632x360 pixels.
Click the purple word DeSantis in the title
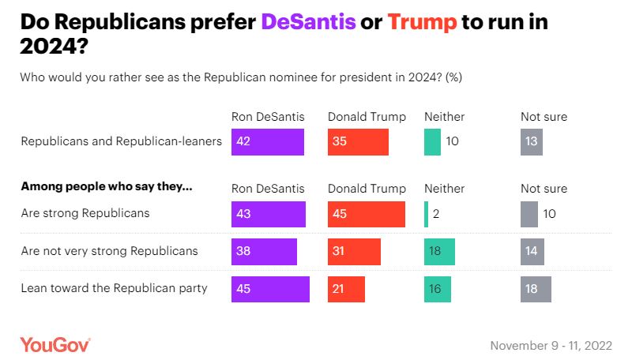click(307, 22)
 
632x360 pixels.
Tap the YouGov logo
click(55, 345)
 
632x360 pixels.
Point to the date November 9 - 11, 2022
click(551, 346)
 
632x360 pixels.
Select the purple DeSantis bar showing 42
click(268, 142)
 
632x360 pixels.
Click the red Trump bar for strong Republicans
click(367, 214)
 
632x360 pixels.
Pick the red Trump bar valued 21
click(346, 289)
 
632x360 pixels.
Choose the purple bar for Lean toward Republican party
click(270, 289)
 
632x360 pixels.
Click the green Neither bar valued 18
click(440, 251)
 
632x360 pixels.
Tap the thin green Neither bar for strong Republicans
click(426, 214)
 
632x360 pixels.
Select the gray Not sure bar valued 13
click(532, 142)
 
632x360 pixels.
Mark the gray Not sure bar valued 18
click(536, 289)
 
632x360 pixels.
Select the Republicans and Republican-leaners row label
click(121, 142)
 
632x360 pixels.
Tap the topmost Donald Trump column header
click(367, 117)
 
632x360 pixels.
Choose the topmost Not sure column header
click(544, 117)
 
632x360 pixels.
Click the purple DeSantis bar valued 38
click(264, 251)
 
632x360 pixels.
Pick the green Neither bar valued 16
click(438, 289)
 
